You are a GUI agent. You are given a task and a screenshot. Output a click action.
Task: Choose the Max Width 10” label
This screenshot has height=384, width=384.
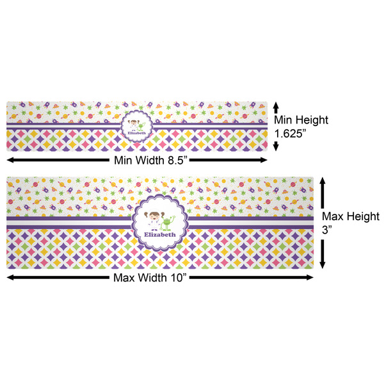pyautogui.click(x=159, y=278)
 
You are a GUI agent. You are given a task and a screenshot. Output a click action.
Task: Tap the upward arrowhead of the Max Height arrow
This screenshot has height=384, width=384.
pyautogui.click(x=324, y=181)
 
